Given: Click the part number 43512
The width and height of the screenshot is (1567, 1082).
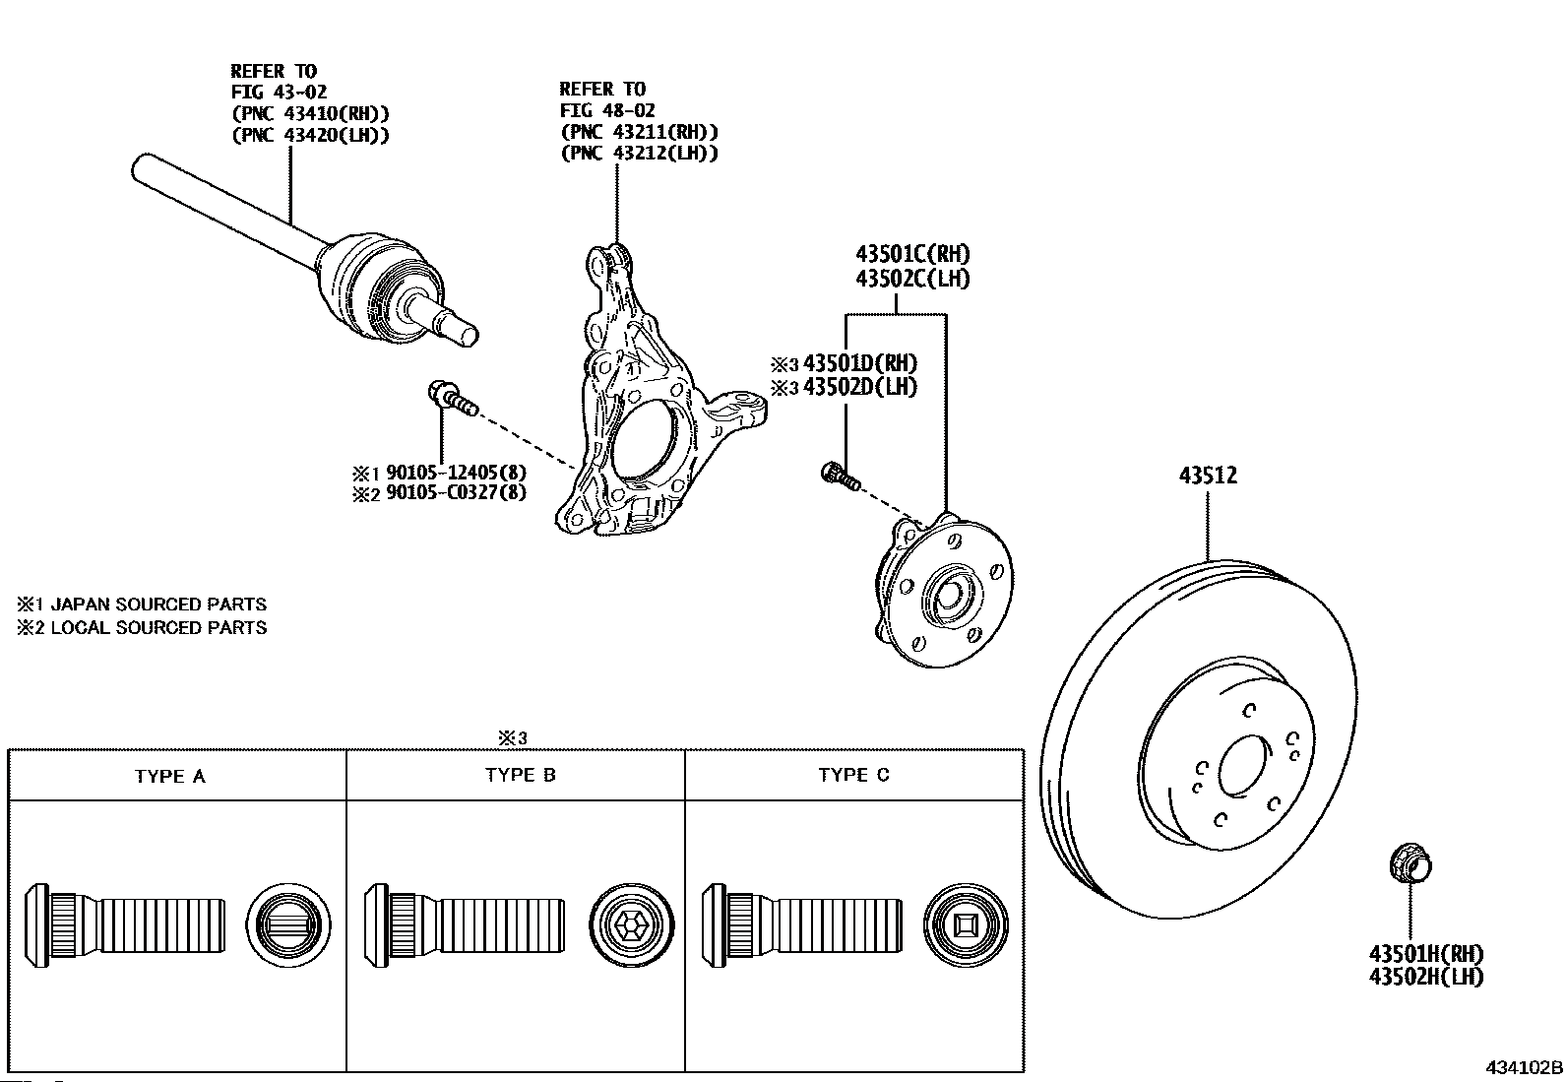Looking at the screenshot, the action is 1208,476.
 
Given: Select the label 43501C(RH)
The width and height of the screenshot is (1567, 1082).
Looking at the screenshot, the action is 912,253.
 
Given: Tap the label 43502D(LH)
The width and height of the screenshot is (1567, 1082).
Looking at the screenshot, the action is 859,386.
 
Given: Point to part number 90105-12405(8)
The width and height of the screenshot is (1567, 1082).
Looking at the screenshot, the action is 456,472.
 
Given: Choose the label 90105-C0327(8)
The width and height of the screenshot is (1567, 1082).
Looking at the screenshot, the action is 456,492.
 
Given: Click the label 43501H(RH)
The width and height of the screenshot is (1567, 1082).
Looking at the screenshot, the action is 1426,953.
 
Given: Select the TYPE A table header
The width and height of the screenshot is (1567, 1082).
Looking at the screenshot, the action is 170,776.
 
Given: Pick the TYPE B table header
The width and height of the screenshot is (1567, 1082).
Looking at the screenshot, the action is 521,775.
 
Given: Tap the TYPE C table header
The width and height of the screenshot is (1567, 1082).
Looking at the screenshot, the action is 854,775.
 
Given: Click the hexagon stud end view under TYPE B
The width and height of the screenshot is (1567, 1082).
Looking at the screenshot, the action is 632,925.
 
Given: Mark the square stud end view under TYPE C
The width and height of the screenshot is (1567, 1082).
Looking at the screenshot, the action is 966,925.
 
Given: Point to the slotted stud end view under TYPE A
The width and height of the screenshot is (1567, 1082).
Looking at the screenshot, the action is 288,925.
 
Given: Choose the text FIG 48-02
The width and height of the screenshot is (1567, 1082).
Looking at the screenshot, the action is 607,110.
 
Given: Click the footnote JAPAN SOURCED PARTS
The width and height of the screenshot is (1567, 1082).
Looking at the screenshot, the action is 158,604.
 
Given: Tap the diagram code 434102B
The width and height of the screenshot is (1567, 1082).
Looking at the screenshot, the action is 1525,1067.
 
